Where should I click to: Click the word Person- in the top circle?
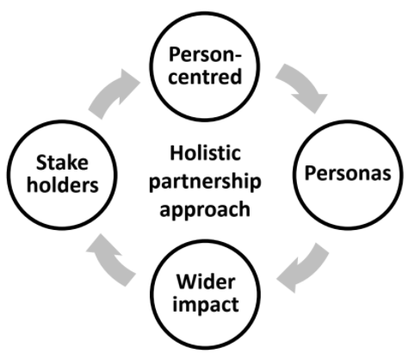click(x=205, y=54)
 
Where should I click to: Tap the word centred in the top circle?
click(x=205, y=77)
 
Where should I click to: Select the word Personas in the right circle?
click(x=348, y=173)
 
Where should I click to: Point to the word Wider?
click(x=206, y=282)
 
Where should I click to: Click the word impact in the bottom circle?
click(x=206, y=304)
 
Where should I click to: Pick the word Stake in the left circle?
click(x=62, y=163)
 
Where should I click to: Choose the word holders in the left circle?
click(x=63, y=184)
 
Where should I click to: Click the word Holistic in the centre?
click(x=206, y=152)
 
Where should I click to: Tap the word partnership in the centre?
click(x=205, y=182)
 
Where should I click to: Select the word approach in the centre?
click(x=205, y=210)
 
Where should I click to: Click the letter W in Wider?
click(x=187, y=282)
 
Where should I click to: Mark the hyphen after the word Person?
click(x=238, y=56)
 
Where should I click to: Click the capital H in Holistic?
click(x=176, y=153)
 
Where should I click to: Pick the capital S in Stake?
click(x=41, y=163)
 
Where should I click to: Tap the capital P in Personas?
click(x=310, y=173)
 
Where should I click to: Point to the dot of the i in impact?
click(x=175, y=298)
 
